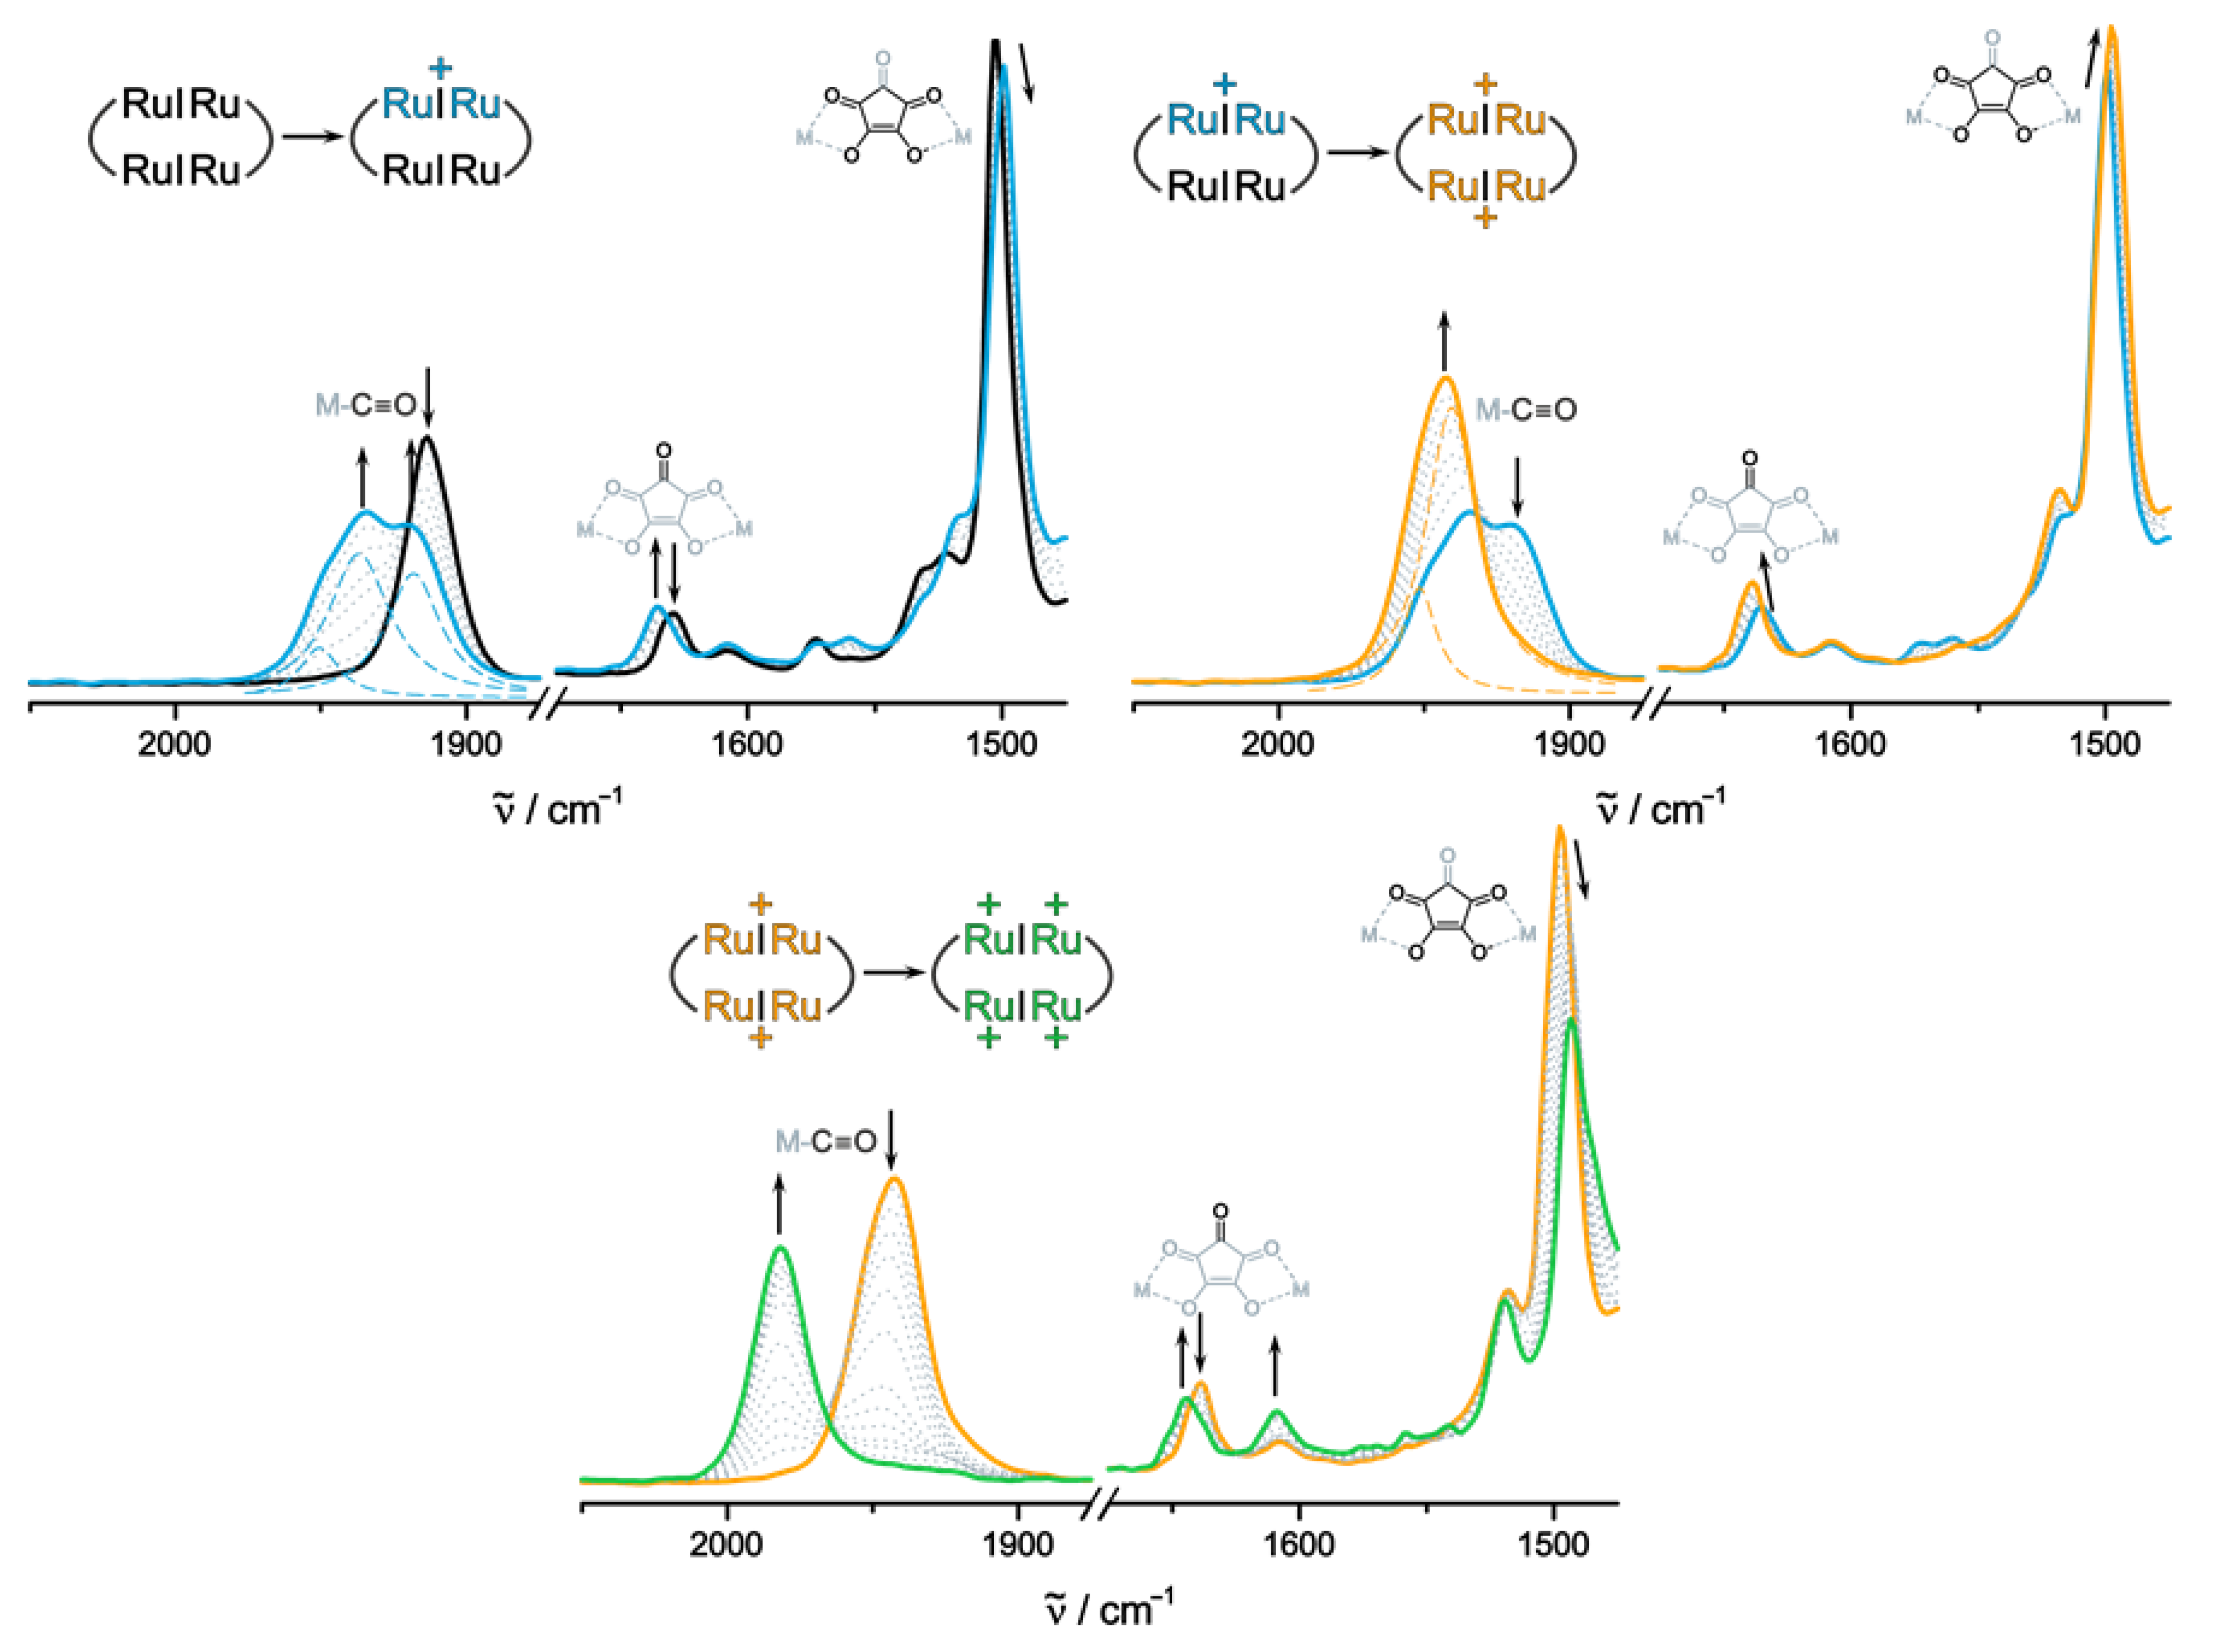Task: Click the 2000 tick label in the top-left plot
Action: (175, 743)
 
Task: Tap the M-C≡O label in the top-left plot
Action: (365, 405)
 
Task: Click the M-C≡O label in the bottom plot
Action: (825, 1141)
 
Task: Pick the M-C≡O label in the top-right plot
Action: (1526, 410)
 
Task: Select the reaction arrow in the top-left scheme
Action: (312, 135)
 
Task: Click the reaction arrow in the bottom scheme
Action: (892, 971)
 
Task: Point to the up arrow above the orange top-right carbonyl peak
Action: (1443, 340)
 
